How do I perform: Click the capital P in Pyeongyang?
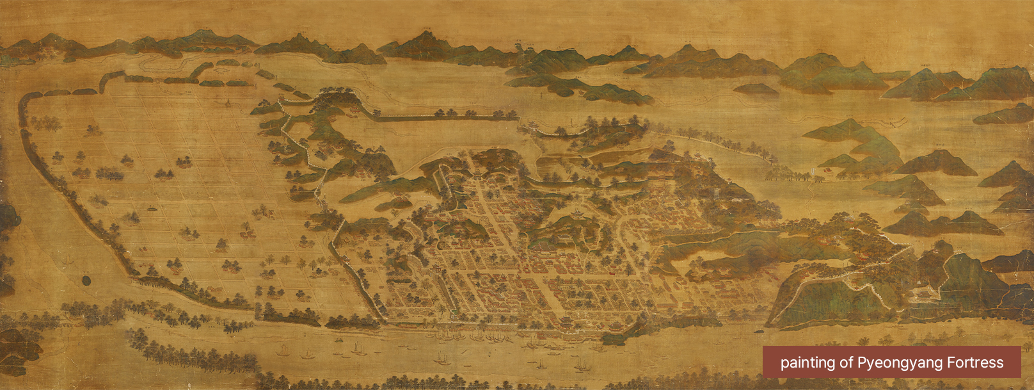pos(861,363)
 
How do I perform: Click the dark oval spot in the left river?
pos(85,280)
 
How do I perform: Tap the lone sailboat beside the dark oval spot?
pos(68,260)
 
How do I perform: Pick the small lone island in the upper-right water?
pos(755,89)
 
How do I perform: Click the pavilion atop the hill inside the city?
pos(579,213)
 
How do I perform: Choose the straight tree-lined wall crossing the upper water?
pos(448,117)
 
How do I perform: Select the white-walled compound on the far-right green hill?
pos(921,291)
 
